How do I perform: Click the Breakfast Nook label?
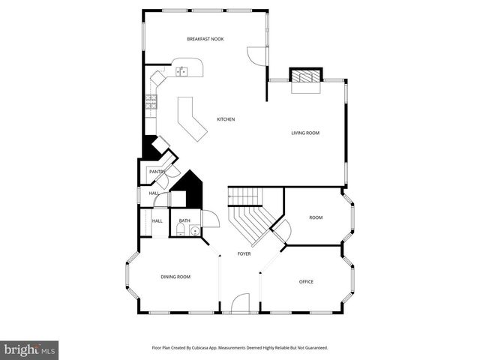pyautogui.click(x=205, y=39)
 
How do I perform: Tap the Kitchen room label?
pyautogui.click(x=226, y=120)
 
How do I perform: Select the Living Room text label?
pyautogui.click(x=305, y=133)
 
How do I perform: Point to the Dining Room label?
pyautogui.click(x=175, y=277)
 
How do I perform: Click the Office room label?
pyautogui.click(x=306, y=282)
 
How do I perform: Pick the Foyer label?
pyautogui.click(x=244, y=254)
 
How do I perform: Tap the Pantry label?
pyautogui.click(x=157, y=172)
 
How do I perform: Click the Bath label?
pyautogui.click(x=184, y=220)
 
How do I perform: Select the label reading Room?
pyautogui.click(x=316, y=217)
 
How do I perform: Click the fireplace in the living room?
pyautogui.click(x=305, y=76)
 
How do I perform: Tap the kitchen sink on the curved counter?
pyautogui.click(x=181, y=72)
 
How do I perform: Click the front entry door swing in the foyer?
pyautogui.click(x=241, y=303)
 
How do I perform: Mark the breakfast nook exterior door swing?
pyautogui.click(x=255, y=55)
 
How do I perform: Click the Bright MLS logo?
pyautogui.click(x=30, y=349)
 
